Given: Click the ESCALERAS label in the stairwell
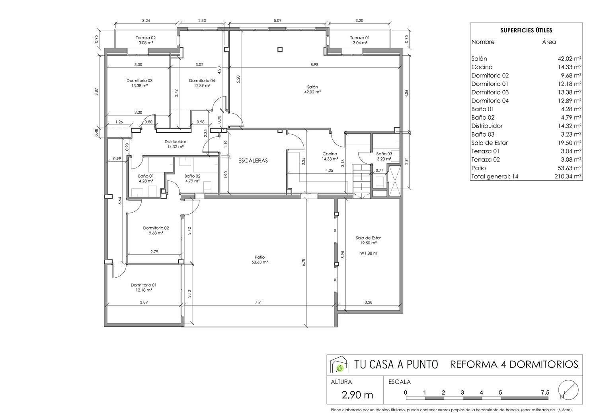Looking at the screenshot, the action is [253, 161].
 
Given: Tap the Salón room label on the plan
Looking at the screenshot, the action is [312, 87].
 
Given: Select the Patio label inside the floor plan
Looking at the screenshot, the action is [259, 257].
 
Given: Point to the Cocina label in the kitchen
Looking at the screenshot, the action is [330, 154].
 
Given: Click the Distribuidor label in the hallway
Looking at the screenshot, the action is [175, 141].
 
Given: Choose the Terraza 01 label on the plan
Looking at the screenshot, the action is [360, 38].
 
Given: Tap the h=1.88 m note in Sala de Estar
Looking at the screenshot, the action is [368, 253].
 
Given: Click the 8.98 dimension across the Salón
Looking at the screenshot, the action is [314, 64].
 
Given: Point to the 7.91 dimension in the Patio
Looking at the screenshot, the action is [259, 302].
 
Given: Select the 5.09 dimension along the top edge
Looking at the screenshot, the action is [277, 21].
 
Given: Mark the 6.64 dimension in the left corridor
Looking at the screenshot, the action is [120, 200].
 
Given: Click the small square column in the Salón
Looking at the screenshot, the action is [280, 50].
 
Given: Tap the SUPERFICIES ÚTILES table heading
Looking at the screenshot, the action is [526, 30].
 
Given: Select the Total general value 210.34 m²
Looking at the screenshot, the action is [568, 176].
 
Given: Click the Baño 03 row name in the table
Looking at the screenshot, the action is [483, 134].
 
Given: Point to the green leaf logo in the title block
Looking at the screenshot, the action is [339, 368].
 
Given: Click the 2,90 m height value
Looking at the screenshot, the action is [357, 395].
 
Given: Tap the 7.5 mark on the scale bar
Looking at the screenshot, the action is [545, 392].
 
